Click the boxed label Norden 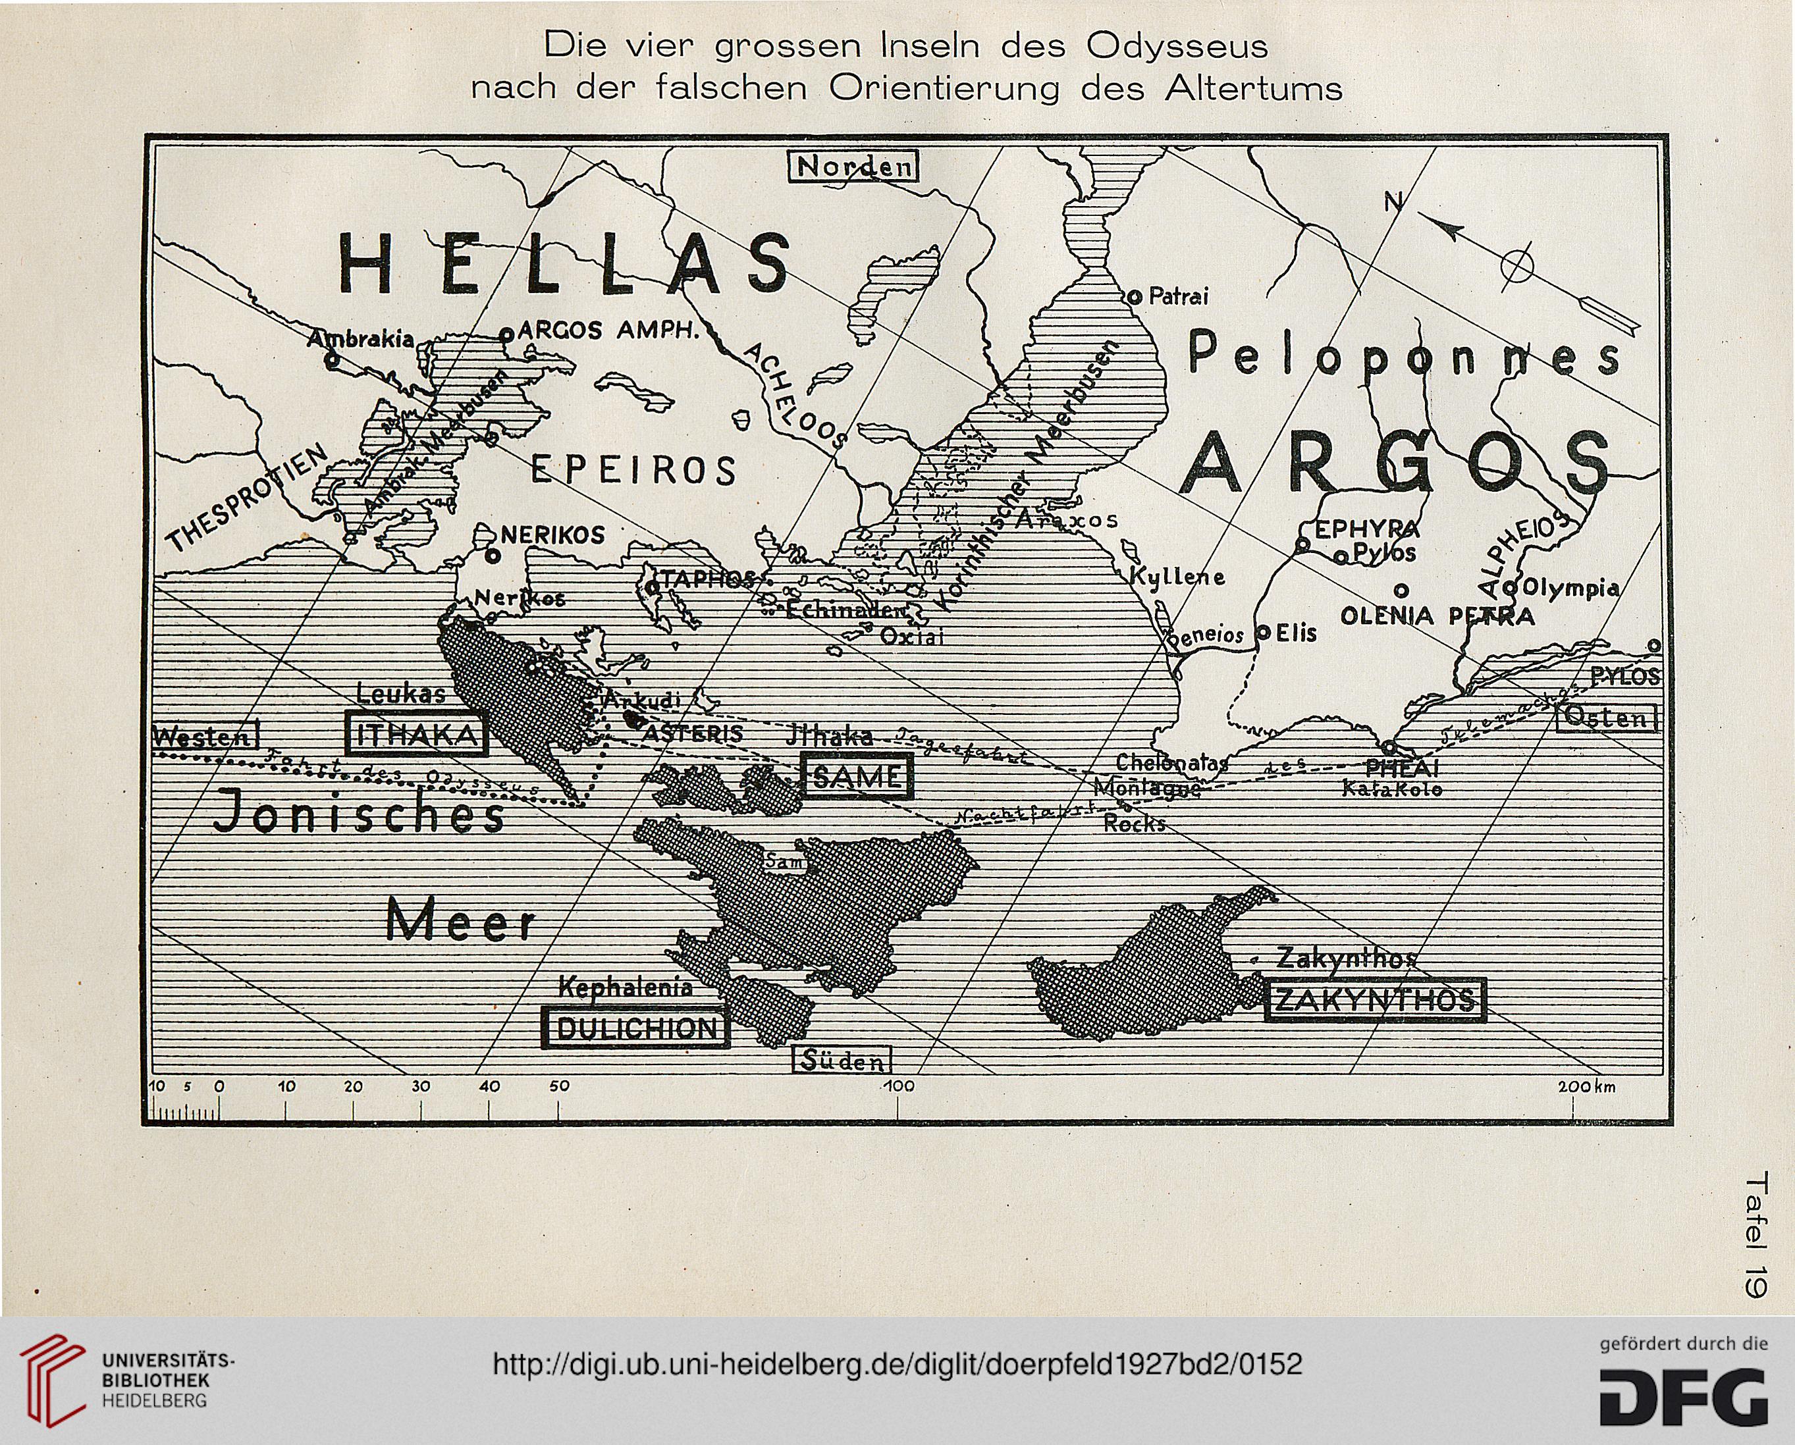853,167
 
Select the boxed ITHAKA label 416,734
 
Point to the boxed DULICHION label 636,1028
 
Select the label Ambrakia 360,339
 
